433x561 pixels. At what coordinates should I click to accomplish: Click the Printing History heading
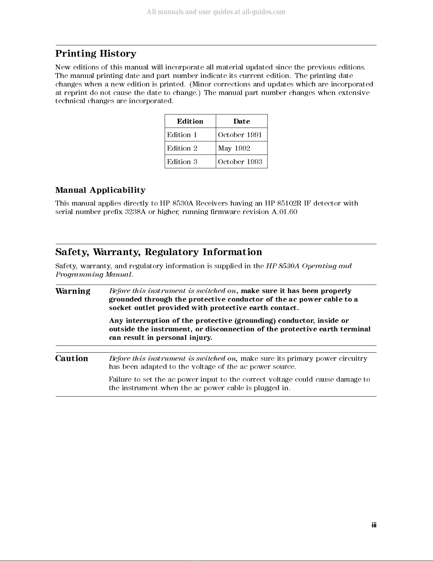[96, 54]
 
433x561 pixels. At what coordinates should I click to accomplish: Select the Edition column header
[190, 121]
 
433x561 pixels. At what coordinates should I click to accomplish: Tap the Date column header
[241, 121]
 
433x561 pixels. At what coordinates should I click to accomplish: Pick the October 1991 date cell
[240, 135]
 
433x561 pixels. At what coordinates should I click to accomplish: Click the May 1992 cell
[234, 148]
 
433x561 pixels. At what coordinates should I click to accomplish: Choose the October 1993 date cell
[240, 162]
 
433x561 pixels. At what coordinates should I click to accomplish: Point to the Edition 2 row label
[182, 148]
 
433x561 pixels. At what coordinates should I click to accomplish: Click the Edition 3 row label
[182, 162]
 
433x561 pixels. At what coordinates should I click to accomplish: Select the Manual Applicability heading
[100, 190]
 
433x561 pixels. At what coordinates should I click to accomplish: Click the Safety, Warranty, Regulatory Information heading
[159, 252]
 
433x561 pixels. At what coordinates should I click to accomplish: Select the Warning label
[73, 291]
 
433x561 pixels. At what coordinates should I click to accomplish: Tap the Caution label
[72, 358]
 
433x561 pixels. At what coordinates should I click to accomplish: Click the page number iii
[374, 525]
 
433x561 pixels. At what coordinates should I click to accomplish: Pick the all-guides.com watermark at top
[216, 12]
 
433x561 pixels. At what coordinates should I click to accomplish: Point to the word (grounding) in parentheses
[255, 321]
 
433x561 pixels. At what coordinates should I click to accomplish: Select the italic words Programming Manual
[94, 275]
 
